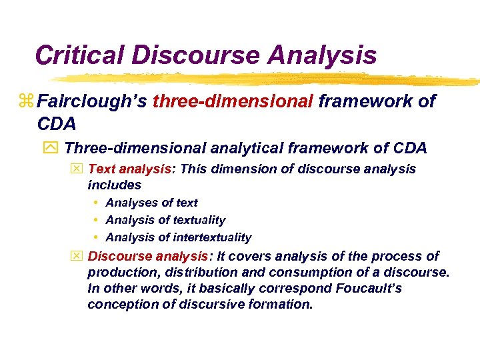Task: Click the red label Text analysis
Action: click(x=130, y=169)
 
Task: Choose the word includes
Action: click(x=114, y=185)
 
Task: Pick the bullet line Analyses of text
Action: click(x=151, y=203)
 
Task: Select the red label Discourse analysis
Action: click(x=148, y=257)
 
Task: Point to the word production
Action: click(x=119, y=273)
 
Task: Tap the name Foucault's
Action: click(x=363, y=289)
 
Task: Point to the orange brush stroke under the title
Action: click(x=267, y=79)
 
